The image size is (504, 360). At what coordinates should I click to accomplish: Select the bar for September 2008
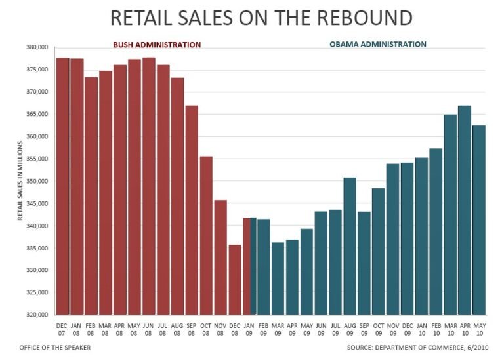[x=192, y=210]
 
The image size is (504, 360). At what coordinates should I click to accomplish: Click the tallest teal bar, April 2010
[x=465, y=210]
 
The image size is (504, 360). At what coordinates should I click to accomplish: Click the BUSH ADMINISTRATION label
[x=157, y=45]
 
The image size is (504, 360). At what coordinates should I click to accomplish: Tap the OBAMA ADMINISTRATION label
[x=377, y=45]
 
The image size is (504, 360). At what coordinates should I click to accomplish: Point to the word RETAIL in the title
[x=140, y=18]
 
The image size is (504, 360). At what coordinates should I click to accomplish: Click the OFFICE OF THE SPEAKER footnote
[x=56, y=348]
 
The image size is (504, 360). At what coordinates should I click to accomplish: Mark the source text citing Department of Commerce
[x=420, y=348]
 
